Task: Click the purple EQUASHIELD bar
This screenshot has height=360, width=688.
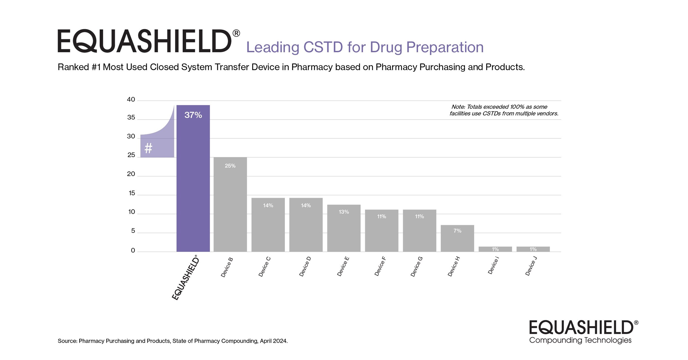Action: click(x=193, y=182)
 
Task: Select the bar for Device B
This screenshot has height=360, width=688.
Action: click(x=230, y=206)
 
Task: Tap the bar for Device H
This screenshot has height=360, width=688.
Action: click(x=457, y=239)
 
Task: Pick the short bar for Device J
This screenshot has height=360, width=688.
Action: click(x=533, y=249)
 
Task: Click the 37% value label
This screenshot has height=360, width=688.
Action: click(x=193, y=115)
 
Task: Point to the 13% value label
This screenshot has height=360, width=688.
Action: click(x=344, y=212)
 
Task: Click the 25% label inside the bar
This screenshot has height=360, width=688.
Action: click(x=230, y=166)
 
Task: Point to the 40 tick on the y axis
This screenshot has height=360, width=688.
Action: click(x=131, y=100)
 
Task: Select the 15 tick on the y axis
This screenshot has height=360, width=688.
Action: click(x=132, y=193)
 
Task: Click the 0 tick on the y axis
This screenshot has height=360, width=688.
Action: click(x=133, y=251)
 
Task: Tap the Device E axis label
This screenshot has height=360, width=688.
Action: click(x=343, y=266)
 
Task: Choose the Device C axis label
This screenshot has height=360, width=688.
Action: click(x=264, y=267)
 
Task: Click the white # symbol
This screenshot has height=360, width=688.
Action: click(x=148, y=149)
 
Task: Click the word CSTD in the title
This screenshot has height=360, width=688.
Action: click(x=323, y=47)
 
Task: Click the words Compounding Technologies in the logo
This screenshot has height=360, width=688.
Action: click(x=580, y=340)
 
